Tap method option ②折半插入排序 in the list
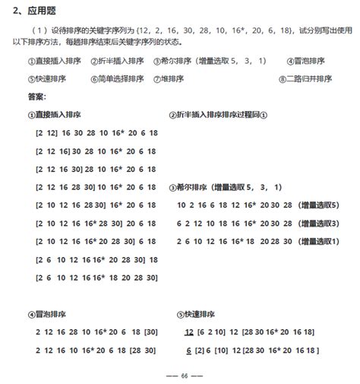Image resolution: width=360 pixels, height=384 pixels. click(118, 61)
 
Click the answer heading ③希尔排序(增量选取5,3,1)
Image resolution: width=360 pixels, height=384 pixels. click(226, 187)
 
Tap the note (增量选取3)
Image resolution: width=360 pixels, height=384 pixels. click(315, 224)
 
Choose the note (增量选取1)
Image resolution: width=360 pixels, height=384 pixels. click(315, 242)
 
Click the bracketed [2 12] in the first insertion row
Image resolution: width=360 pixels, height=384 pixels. click(47, 132)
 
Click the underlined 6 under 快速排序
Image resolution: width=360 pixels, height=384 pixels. click(188, 351)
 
